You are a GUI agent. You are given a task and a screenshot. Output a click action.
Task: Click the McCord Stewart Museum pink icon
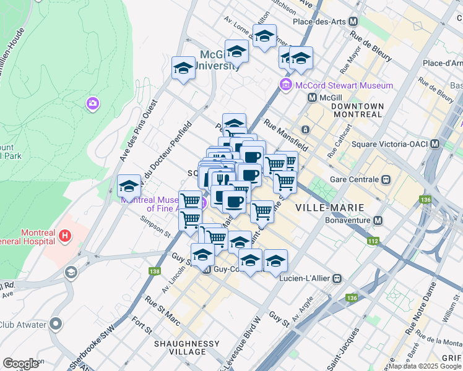tap(286, 85)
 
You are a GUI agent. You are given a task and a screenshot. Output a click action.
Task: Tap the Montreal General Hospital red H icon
tap(64, 236)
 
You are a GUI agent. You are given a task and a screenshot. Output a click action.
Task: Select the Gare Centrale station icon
tap(386, 179)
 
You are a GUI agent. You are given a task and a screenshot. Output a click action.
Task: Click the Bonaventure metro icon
tap(378, 221)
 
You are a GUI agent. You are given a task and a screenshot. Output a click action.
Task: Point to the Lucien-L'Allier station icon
tap(337, 279)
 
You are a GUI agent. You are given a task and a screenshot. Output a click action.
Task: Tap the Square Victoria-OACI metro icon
tap(435, 145)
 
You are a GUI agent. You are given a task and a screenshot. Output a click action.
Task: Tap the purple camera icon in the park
tap(93, 103)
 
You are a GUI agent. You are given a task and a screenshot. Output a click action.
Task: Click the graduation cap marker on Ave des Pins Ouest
tap(129, 186)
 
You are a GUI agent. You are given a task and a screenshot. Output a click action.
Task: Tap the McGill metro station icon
tap(313, 98)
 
